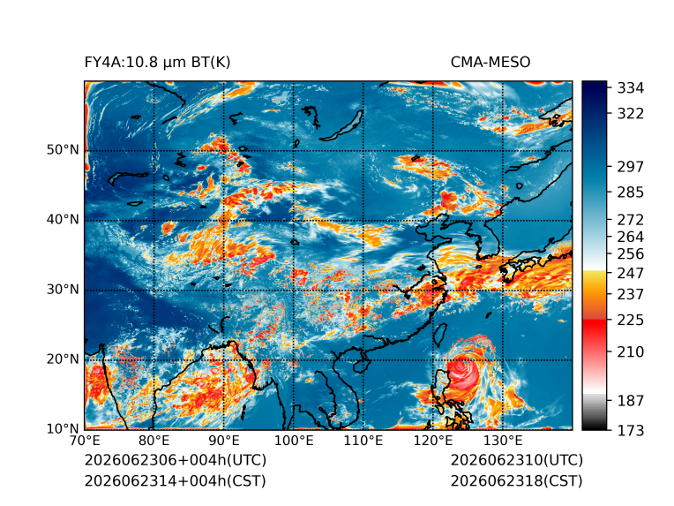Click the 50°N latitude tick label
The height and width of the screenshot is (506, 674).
[63, 150]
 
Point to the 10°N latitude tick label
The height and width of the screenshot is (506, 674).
[63, 429]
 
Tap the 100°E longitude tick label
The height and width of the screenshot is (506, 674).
[294, 441]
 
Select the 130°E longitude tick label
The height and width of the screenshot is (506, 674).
[503, 441]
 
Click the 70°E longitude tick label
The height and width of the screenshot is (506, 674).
[85, 441]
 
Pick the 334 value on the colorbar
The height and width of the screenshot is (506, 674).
[631, 88]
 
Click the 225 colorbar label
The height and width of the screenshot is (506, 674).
[631, 321]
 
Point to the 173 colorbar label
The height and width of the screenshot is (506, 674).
[631, 430]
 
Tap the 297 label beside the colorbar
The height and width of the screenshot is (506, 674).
[631, 167]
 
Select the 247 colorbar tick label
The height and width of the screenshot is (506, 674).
[631, 273]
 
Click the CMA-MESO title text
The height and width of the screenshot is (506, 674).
[491, 63]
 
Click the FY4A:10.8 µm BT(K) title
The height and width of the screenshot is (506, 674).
[157, 63]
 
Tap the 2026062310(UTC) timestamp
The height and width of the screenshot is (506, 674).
[517, 460]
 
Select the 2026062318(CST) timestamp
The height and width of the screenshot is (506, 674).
[517, 481]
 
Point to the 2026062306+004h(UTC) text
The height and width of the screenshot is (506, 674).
[176, 460]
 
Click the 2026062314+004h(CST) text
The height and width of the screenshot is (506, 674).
[175, 481]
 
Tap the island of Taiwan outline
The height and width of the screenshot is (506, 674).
[440, 336]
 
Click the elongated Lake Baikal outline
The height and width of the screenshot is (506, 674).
[344, 126]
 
